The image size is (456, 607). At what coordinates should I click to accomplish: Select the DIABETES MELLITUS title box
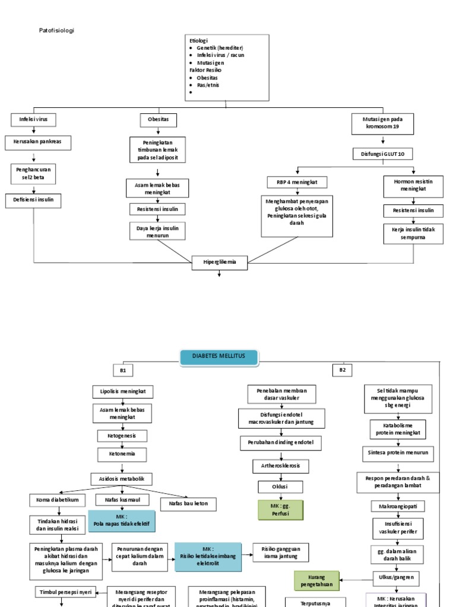pos(220,357)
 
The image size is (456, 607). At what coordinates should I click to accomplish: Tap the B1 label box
pos(123,370)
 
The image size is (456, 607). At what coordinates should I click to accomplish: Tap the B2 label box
pos(342,370)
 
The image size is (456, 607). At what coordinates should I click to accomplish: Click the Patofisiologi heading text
pos(57,30)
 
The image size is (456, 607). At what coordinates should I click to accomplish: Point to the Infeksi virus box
pos(33,120)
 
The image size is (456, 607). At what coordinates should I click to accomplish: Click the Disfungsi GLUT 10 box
pos(383,154)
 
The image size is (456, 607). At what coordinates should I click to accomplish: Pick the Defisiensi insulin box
pos(33,200)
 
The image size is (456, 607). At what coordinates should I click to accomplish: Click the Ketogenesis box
pos(122,436)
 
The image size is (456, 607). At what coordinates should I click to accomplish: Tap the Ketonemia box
pos(122,455)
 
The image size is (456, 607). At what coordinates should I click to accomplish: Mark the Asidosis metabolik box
pos(122,478)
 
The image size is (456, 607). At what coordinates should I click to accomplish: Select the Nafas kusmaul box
pos(122,500)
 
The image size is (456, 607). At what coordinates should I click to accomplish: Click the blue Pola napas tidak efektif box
pos(122,521)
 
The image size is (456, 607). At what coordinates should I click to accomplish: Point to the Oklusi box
pos(280,487)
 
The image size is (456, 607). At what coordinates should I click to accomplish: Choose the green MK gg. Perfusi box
pos(280,510)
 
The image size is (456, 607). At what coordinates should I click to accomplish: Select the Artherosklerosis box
pos(281,466)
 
